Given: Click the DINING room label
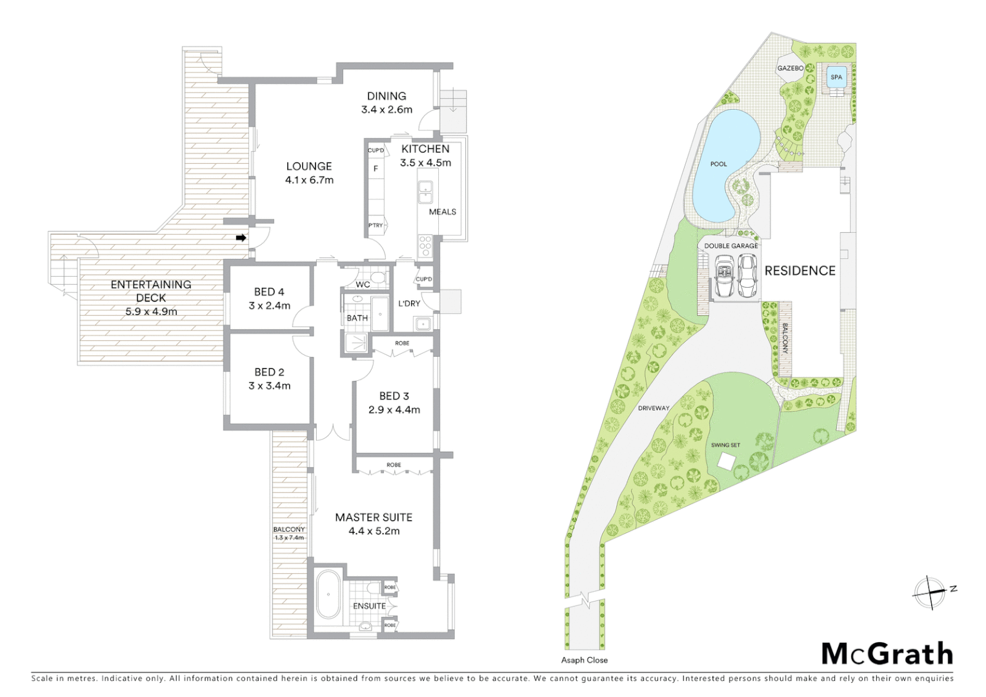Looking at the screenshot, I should tap(387, 96).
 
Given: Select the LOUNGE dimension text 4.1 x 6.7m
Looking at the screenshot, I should tap(309, 180).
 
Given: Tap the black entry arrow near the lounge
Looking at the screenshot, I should tap(241, 237).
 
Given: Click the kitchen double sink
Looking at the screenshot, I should tap(425, 192).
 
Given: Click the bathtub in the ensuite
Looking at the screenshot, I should tap(328, 594).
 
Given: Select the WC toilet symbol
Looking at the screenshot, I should tap(379, 279).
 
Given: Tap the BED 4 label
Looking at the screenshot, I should tap(269, 292).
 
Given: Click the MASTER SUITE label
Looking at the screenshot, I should tap(374, 518).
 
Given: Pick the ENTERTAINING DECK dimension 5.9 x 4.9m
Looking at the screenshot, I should tap(151, 312).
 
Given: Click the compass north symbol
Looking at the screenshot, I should tap(930, 592).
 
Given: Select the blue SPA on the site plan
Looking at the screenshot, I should tap(836, 77).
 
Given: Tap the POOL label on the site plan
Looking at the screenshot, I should tap(718, 164).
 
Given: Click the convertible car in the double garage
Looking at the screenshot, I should tap(724, 276).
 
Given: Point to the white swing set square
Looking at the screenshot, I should tap(726, 461).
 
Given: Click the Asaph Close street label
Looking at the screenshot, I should tap(584, 660).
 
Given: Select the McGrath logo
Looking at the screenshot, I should tap(887, 654).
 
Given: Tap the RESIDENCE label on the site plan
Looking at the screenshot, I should tap(800, 271).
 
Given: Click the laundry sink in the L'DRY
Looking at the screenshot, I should tap(423, 324).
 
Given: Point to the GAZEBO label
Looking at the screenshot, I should tap(790, 68).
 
